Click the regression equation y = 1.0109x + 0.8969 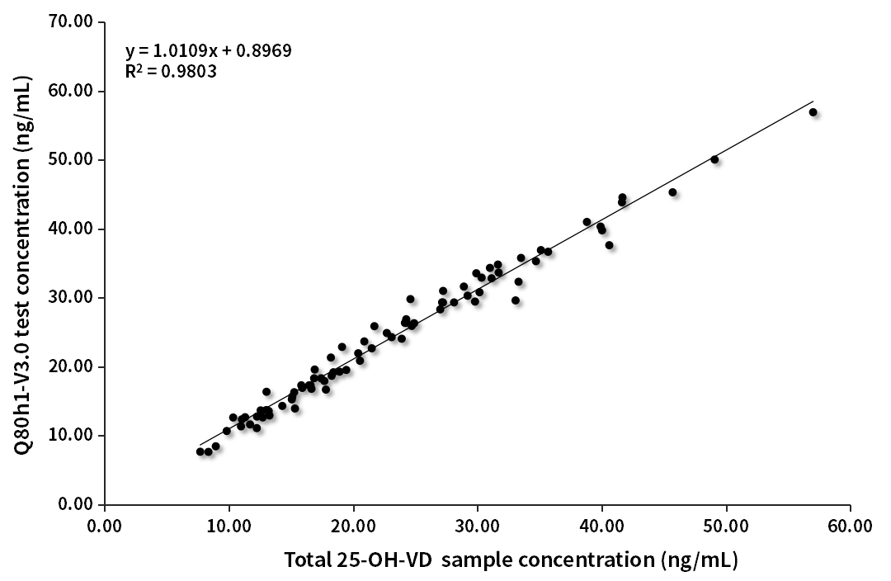(208, 51)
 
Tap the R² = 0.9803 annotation (171, 72)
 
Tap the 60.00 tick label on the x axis (850, 526)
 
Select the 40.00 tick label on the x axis (601, 526)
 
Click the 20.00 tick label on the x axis (353, 526)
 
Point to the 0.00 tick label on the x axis (105, 526)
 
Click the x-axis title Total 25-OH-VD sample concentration (511, 560)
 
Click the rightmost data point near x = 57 (813, 112)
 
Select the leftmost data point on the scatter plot (200, 451)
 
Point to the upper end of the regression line (813, 102)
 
